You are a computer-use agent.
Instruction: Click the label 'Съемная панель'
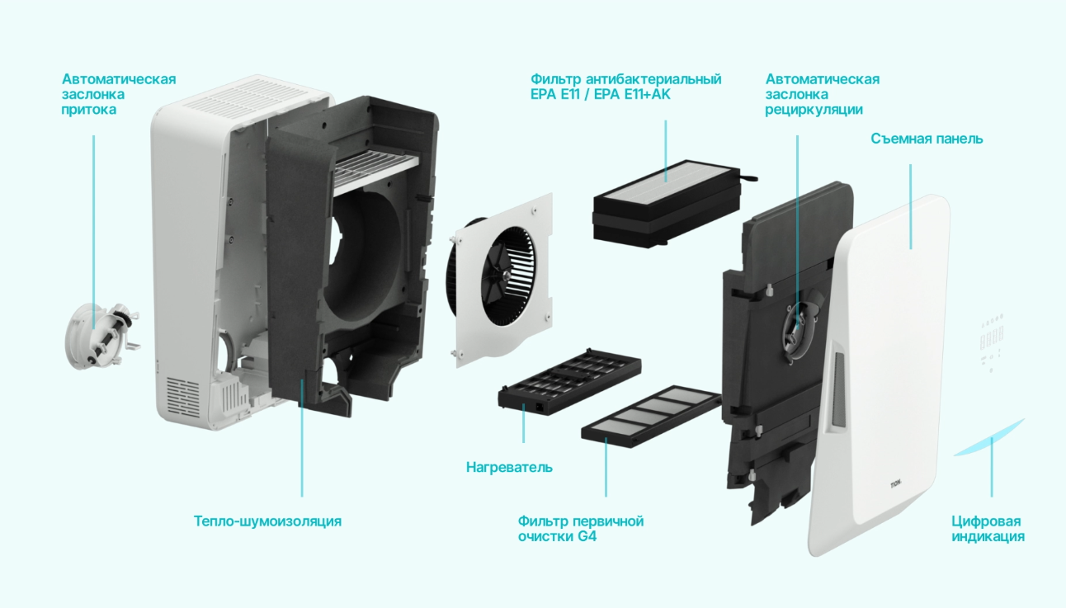coord(927,139)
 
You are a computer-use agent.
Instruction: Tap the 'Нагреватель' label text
coord(509,467)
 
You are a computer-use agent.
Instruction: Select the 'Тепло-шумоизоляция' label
coord(267,521)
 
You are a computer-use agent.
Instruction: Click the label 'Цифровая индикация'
coord(988,529)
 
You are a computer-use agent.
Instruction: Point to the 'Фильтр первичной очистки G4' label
coord(581,529)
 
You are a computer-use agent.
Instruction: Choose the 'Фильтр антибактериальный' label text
coord(625,79)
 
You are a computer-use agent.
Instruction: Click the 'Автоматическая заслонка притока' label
coord(119,94)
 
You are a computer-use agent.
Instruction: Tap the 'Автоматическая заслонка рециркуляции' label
coord(823,94)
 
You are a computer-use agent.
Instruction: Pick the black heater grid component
coord(569,381)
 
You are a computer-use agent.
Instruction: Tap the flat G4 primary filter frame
coord(651,417)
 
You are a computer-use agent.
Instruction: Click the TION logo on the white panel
coord(896,485)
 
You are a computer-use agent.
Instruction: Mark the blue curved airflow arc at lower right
coord(990,438)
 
